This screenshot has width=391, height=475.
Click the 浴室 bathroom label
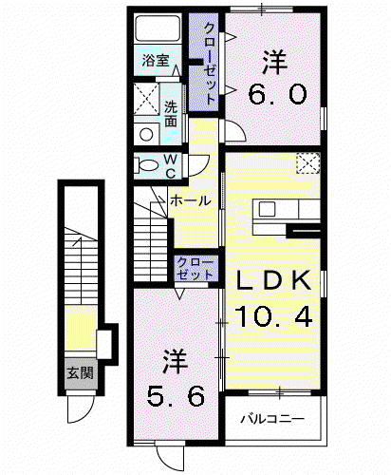156,61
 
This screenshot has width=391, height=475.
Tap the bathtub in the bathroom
158,28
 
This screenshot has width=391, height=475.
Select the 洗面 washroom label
171,114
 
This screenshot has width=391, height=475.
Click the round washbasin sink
146,135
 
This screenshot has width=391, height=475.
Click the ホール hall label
190,200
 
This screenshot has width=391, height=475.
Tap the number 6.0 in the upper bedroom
277,94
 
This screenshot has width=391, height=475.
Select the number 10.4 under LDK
273,316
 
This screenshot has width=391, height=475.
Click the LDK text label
274,280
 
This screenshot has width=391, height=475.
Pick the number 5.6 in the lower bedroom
176,396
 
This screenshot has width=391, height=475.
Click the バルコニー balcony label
272,419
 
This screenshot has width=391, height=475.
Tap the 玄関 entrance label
80,373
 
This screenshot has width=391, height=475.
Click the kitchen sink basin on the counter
267,209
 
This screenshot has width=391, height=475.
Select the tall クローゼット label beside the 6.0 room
208,65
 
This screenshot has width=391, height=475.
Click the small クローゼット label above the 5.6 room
195,269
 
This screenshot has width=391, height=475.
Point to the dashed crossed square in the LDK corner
308,163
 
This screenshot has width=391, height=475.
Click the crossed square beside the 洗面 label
146,99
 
